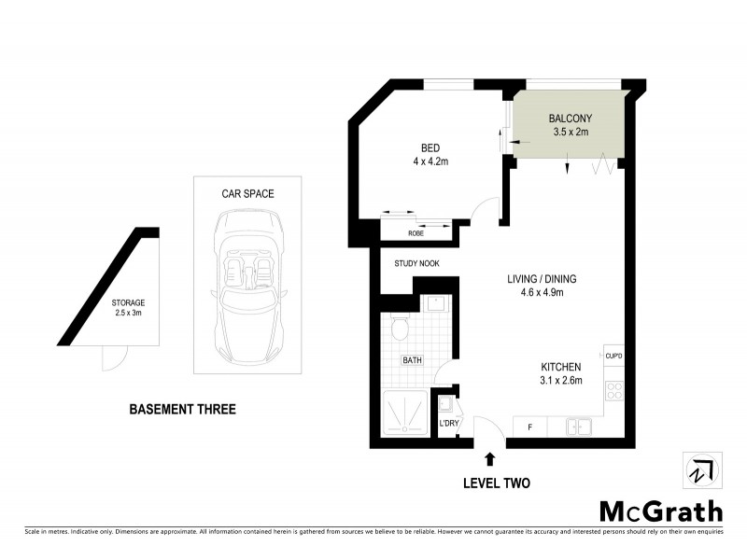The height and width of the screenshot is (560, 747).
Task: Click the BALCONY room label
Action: click(570, 119)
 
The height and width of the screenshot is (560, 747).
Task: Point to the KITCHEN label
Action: click(561, 367)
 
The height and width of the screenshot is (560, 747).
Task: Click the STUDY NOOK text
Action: click(416, 264)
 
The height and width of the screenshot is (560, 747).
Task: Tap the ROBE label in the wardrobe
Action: click(416, 233)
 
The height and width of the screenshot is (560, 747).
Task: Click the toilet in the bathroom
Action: click(399, 328)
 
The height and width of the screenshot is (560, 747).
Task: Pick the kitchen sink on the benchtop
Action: click(579, 427)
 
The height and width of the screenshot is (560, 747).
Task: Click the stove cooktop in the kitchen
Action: click(614, 391)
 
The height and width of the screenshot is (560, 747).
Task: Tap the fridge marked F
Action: click(530, 427)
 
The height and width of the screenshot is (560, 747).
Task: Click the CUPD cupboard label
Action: click(613, 356)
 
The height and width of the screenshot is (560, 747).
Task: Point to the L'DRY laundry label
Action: click(449, 425)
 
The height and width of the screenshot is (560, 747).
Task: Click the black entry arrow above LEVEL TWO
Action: click(490, 457)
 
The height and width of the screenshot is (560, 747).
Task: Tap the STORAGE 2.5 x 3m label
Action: click(128, 309)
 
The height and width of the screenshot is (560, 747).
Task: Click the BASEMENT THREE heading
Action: click(182, 409)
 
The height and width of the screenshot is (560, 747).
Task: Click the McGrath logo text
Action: click(660, 511)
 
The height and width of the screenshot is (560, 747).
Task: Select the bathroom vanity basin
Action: click(434, 303)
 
